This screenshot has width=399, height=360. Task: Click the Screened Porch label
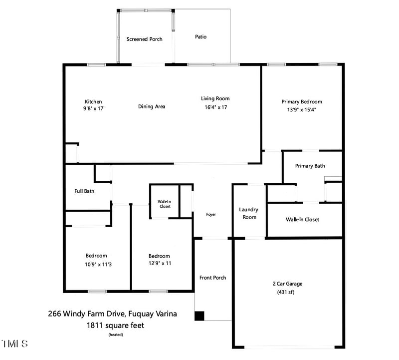[x=144, y=39]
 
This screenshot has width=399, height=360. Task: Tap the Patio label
[x=200, y=37]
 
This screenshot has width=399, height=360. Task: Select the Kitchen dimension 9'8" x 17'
[x=94, y=108]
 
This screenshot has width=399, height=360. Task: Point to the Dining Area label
[x=152, y=106]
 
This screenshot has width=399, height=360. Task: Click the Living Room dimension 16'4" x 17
[x=215, y=107]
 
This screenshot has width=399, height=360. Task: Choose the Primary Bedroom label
[x=302, y=101]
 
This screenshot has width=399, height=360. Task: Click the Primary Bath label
[x=310, y=166]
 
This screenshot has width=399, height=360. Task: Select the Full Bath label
[x=84, y=191]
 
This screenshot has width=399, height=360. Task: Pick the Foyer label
[x=211, y=214]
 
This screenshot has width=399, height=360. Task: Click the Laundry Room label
[x=248, y=213]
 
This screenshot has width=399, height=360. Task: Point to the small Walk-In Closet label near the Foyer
[x=165, y=204]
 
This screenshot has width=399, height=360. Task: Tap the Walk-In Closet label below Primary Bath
[x=302, y=219]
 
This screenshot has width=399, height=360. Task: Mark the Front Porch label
[x=212, y=278]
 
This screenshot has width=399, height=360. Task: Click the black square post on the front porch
[x=199, y=316]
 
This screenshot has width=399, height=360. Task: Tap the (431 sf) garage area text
[x=287, y=292]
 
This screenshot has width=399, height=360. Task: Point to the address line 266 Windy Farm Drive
[x=112, y=314]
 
